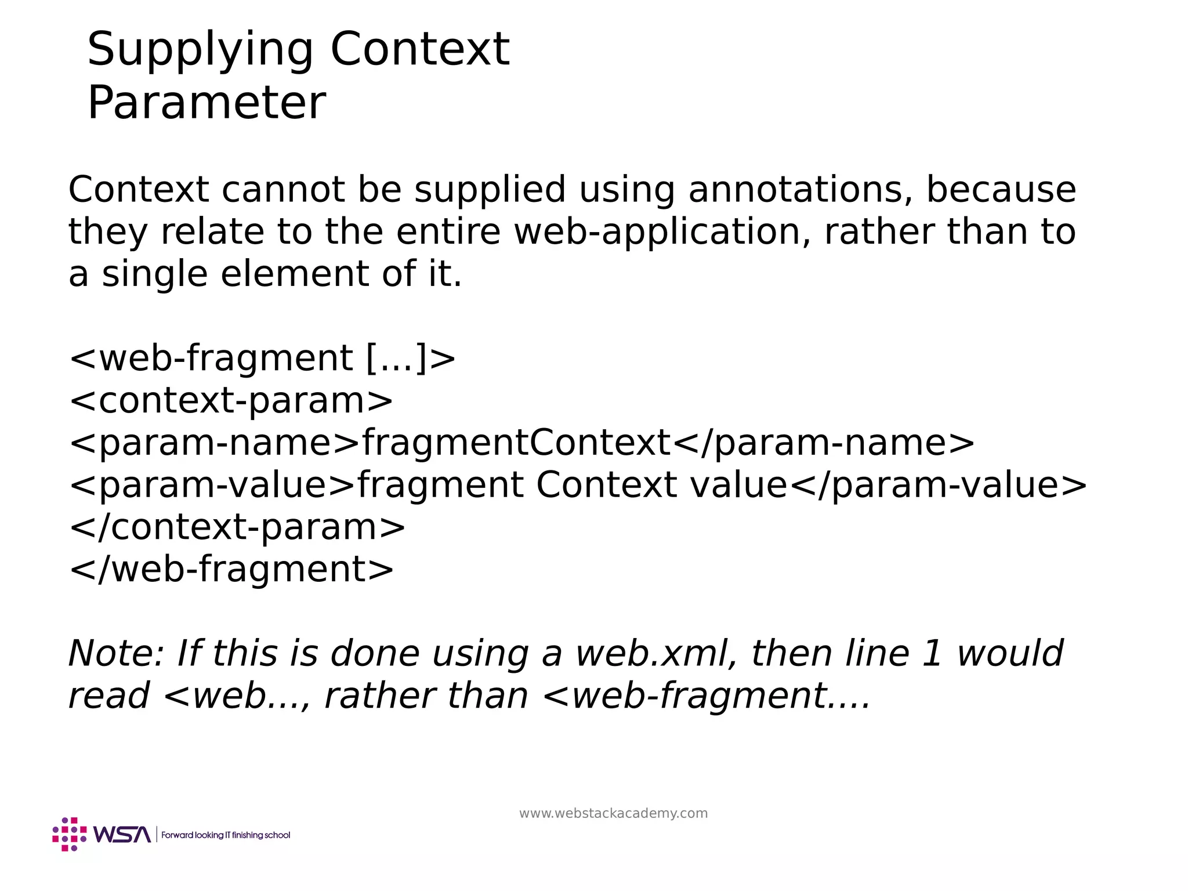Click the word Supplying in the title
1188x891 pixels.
200,51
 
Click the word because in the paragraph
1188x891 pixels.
1001,190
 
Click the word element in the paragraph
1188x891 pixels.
295,274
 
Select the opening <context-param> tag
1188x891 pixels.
231,401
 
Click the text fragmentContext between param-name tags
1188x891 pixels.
516,443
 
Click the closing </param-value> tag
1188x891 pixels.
938,486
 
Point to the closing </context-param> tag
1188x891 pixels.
237,527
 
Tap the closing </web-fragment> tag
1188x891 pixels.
231,570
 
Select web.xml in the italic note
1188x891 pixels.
656,654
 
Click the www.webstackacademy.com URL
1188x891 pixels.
613,813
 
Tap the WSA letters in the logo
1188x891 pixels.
122,834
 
